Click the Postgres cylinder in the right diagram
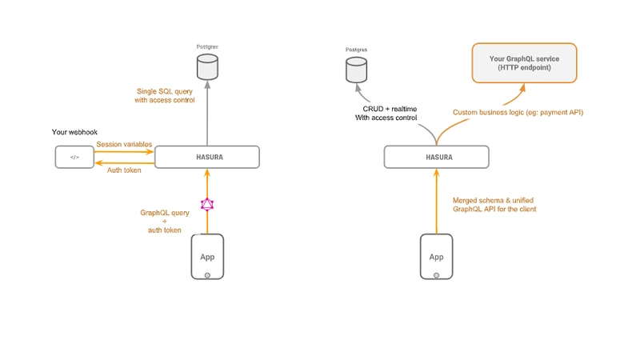(x=355, y=70)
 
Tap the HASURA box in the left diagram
(x=207, y=157)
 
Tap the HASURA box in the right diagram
(x=436, y=157)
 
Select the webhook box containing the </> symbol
(x=75, y=157)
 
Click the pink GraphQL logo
(x=207, y=204)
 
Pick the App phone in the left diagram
(x=207, y=256)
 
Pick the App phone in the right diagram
(x=436, y=256)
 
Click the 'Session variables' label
(x=124, y=145)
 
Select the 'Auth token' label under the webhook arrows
(x=124, y=169)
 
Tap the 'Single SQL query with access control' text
(x=166, y=96)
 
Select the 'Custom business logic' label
(x=518, y=113)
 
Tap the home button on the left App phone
(x=207, y=274)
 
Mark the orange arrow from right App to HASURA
(x=436, y=200)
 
